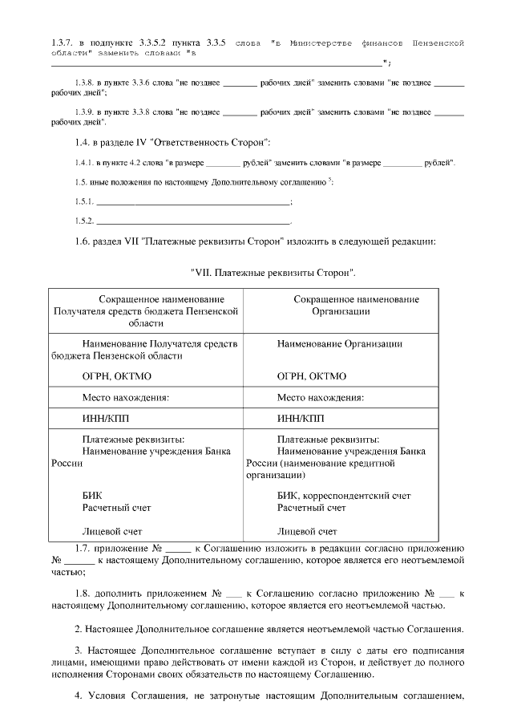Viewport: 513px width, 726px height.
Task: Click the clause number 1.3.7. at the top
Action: (x=62, y=42)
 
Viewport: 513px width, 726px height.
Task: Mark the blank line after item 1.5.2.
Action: (x=192, y=220)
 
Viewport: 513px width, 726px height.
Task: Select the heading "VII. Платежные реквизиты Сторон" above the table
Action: (x=273, y=273)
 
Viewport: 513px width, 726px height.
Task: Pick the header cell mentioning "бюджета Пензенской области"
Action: (x=146, y=310)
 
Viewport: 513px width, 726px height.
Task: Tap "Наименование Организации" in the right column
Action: (x=339, y=343)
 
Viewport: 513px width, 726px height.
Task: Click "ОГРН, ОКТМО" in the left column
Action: (x=116, y=375)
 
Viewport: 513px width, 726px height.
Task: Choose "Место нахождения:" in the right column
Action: (x=320, y=397)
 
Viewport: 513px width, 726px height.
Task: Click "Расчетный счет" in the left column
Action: (x=116, y=508)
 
